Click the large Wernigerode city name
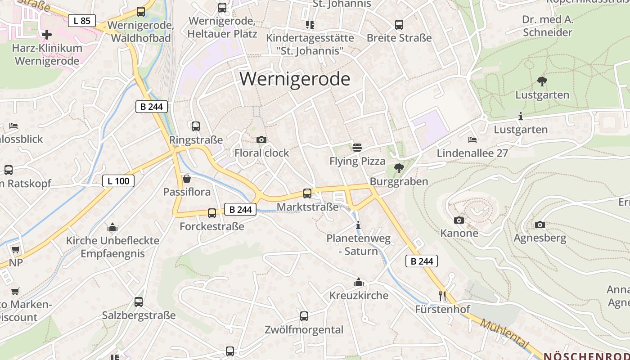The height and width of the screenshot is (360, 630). pyautogui.click(x=295, y=79)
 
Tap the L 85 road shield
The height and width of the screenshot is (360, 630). pyautogui.click(x=82, y=20)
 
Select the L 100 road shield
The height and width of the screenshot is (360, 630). pyautogui.click(x=118, y=181)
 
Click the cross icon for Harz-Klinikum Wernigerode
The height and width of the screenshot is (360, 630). pyautogui.click(x=47, y=35)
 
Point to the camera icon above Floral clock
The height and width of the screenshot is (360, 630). pyautogui.click(x=261, y=140)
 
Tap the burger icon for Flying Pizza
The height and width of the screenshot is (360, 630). pyautogui.click(x=357, y=147)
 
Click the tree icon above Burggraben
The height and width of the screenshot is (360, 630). pyautogui.click(x=399, y=168)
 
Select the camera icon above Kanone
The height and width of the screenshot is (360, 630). pyautogui.click(x=459, y=220)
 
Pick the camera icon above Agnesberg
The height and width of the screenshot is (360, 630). pyautogui.click(x=540, y=225)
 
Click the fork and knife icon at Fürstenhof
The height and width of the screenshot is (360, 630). pyautogui.click(x=442, y=296)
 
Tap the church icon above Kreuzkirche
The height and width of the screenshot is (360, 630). pyautogui.click(x=359, y=282)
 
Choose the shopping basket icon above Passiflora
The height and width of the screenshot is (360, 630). pyautogui.click(x=187, y=179)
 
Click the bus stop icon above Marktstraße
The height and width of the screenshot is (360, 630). pyautogui.click(x=307, y=193)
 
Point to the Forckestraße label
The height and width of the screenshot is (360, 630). pyautogui.click(x=212, y=226)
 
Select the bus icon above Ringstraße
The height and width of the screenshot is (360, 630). pyautogui.click(x=196, y=126)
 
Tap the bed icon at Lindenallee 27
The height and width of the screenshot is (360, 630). pyautogui.click(x=472, y=140)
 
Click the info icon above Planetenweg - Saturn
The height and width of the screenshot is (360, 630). pyautogui.click(x=358, y=225)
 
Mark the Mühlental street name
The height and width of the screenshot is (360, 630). pyautogui.click(x=504, y=333)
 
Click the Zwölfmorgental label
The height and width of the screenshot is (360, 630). pyautogui.click(x=304, y=330)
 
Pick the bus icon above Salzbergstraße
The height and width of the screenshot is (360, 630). pyautogui.click(x=139, y=302)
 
